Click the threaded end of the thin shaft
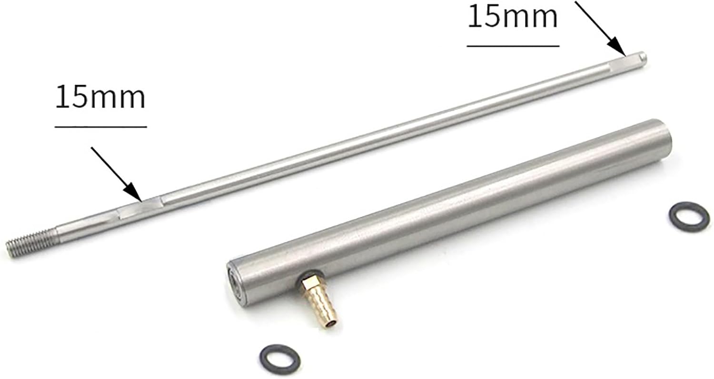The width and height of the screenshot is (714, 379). [x=32, y=243]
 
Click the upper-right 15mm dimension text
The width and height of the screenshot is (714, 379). [x=513, y=17]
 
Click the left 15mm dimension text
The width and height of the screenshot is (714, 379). [x=100, y=97]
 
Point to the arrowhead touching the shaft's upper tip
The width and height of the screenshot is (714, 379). [x=618, y=48]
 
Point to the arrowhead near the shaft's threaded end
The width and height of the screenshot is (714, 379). [x=133, y=193]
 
